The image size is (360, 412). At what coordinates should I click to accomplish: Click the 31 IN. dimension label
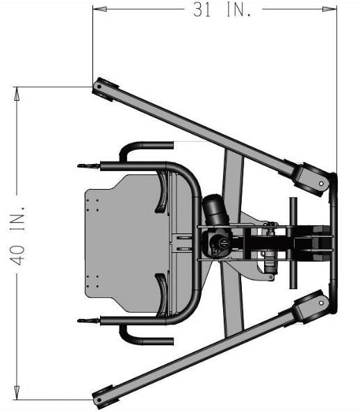[222, 10]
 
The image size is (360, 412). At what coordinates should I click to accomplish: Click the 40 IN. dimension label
[17, 236]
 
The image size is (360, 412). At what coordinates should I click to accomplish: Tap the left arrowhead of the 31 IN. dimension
[100, 9]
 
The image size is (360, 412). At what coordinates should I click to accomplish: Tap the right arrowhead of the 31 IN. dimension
[329, 9]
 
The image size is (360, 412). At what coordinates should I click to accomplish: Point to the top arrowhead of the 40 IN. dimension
[17, 94]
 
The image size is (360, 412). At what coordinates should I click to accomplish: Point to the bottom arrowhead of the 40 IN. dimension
[17, 393]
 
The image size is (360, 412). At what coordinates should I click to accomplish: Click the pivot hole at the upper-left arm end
[99, 86]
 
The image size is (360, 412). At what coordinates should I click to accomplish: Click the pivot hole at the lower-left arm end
[99, 400]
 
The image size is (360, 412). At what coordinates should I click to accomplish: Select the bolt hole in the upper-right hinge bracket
[321, 183]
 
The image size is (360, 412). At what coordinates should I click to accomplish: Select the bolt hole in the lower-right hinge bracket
[321, 303]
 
